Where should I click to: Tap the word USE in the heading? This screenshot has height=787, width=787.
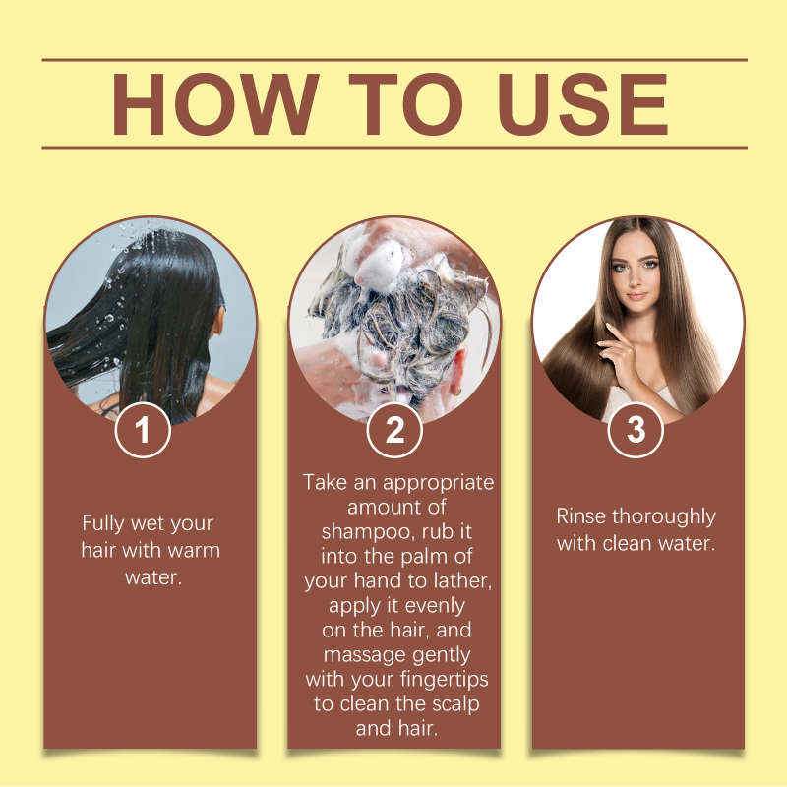click(x=583, y=104)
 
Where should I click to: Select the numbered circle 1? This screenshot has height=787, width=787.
click(x=143, y=430)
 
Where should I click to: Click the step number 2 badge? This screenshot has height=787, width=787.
click(x=394, y=430)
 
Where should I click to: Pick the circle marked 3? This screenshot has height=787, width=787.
click(x=636, y=430)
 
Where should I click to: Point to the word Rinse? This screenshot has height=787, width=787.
click(x=580, y=516)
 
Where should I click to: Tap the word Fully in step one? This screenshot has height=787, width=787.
click(x=103, y=523)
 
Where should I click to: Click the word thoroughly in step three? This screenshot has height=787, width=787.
click(x=664, y=517)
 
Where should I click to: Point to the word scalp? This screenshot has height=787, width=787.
click(x=455, y=704)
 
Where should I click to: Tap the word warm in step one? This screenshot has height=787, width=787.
click(x=194, y=551)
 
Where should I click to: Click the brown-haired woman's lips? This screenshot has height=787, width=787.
click(x=636, y=296)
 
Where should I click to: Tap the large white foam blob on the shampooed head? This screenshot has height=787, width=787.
click(x=378, y=261)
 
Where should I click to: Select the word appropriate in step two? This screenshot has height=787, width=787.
click(x=439, y=483)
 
